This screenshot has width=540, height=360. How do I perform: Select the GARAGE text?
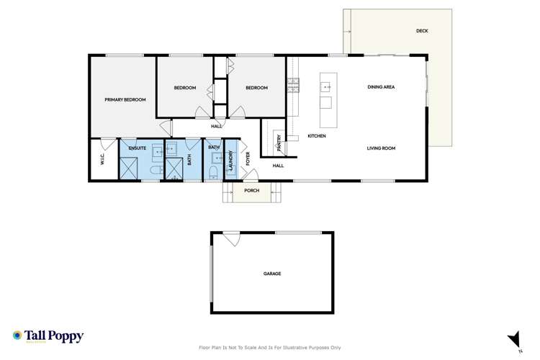(271, 274)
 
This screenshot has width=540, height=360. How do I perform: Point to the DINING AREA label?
(381, 87)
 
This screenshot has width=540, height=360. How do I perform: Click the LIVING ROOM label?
(381, 148)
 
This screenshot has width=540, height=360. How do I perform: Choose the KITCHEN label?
(317, 136)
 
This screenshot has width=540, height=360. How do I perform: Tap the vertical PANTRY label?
(279, 143)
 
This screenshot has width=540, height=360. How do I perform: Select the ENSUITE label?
(138, 148)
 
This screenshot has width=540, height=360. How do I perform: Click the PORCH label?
(251, 192)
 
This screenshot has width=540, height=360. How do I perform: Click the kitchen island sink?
(325, 87)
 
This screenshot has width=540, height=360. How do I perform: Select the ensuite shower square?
(130, 168)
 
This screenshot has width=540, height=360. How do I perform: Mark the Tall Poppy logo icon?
(17, 336)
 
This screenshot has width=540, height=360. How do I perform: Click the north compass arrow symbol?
(513, 338)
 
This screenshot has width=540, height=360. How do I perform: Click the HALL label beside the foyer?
(278, 166)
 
